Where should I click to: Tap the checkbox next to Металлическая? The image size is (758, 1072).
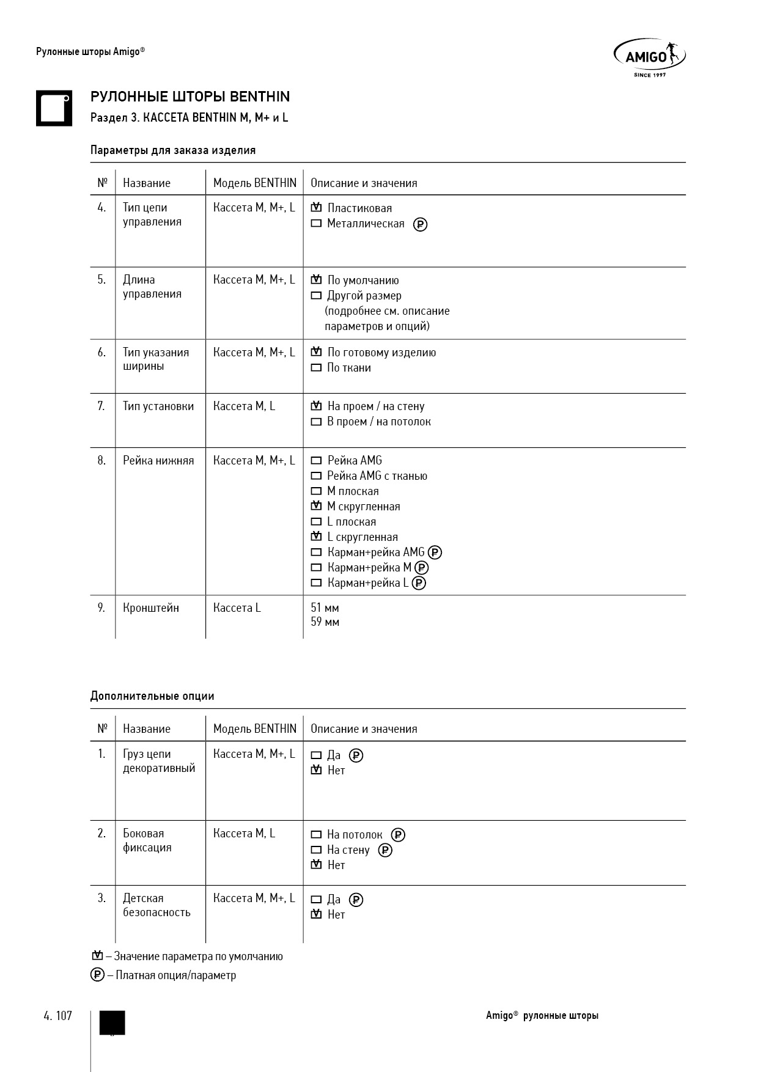(316, 224)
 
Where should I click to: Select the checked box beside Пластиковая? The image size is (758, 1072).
(316, 208)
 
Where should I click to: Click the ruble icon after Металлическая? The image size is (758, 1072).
(420, 224)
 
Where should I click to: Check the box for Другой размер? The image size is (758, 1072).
(316, 296)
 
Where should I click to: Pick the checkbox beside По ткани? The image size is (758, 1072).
(316, 368)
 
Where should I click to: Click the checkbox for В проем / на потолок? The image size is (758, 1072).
(316, 422)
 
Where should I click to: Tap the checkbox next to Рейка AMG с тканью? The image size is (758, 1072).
(316, 476)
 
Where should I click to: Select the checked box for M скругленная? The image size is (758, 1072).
(316, 506)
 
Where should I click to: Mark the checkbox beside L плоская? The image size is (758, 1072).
(316, 522)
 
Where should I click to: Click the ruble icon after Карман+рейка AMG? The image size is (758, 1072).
(435, 553)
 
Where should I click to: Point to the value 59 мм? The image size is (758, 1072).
(325, 622)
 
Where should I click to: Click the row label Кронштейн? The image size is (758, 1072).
(151, 608)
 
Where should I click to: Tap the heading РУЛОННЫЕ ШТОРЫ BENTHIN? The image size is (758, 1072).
(190, 97)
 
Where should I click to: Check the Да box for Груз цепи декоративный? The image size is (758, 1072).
(316, 755)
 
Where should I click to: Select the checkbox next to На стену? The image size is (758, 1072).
(316, 850)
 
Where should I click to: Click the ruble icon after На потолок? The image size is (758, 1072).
(398, 835)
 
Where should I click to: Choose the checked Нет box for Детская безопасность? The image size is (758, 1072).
(316, 915)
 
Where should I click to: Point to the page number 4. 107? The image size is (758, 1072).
(58, 1016)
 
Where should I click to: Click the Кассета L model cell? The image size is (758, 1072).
(237, 608)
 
